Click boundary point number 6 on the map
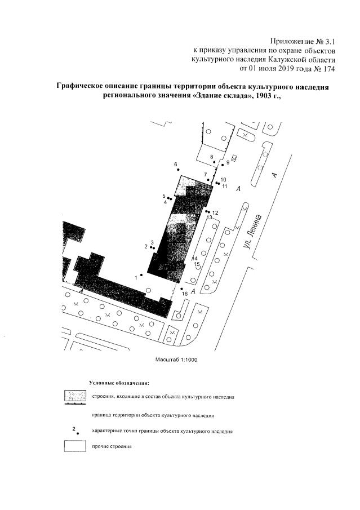tap(177, 169)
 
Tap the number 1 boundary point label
tap(136, 277)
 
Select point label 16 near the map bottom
tap(184, 294)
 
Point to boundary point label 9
tap(228, 162)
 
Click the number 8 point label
tap(212, 156)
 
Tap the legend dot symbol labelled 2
tap(78, 433)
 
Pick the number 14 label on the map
tap(195, 258)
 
